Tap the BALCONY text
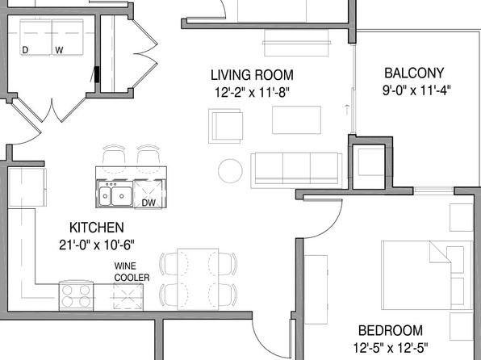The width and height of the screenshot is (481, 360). tap(412, 72)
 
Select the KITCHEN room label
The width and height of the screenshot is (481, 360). tap(96, 227)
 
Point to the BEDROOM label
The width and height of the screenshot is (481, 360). tap(391, 330)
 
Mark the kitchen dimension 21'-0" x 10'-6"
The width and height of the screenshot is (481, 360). tap(96, 245)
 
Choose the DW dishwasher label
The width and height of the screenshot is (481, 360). tap(148, 203)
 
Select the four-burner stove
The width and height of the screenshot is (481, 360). tap(77, 295)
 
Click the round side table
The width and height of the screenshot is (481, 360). tap(231, 170)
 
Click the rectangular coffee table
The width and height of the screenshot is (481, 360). tap(296, 119)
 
